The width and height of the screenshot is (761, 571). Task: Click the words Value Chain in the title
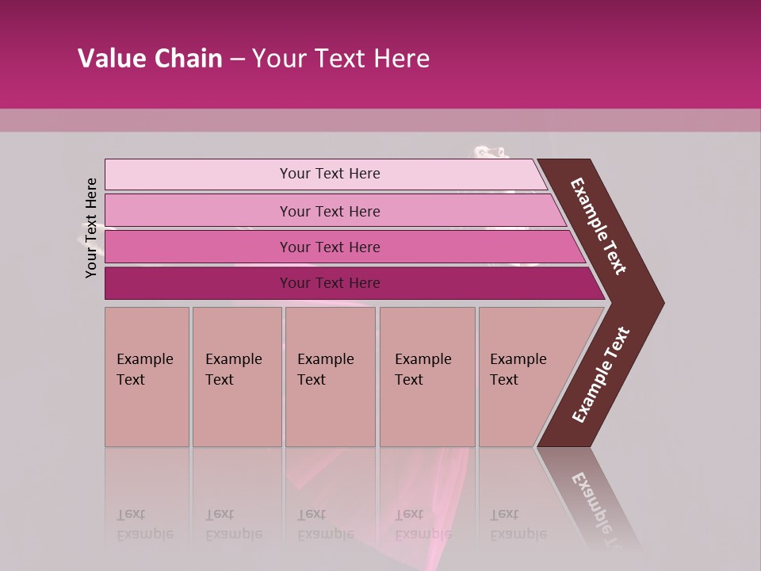(150, 59)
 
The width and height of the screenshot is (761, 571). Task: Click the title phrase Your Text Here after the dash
(341, 59)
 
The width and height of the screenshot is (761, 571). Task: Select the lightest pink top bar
(198, 174)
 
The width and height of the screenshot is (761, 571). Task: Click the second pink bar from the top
(198, 211)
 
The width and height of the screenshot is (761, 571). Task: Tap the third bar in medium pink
(198, 247)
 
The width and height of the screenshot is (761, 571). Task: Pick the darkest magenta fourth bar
(198, 283)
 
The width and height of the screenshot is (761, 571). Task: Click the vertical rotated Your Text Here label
(91, 228)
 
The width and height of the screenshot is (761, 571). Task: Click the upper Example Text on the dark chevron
(598, 226)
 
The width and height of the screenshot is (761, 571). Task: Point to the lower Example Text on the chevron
(601, 375)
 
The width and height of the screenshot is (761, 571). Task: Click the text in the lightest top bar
(330, 174)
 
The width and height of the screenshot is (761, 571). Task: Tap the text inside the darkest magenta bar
(330, 283)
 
